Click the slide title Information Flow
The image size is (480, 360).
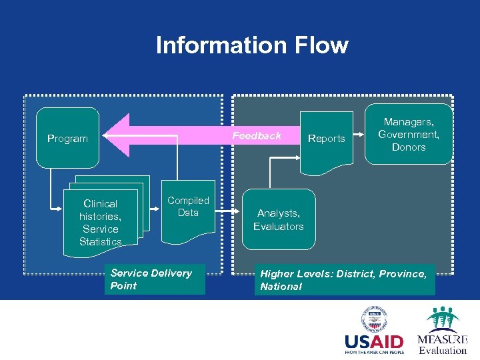click(x=251, y=45)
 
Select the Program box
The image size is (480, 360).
click(x=67, y=138)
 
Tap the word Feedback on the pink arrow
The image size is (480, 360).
click(x=257, y=136)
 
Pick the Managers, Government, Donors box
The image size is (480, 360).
click(x=408, y=134)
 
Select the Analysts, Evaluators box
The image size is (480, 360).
click(x=278, y=220)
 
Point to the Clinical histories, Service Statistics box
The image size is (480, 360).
click(x=101, y=223)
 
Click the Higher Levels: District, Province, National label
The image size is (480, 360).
click(x=343, y=280)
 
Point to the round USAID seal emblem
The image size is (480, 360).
click(x=375, y=318)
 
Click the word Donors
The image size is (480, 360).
click(x=408, y=147)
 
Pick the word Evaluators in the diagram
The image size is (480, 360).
click(x=278, y=227)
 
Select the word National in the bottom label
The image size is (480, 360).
click(x=281, y=287)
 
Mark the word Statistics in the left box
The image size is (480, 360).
click(x=101, y=241)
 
